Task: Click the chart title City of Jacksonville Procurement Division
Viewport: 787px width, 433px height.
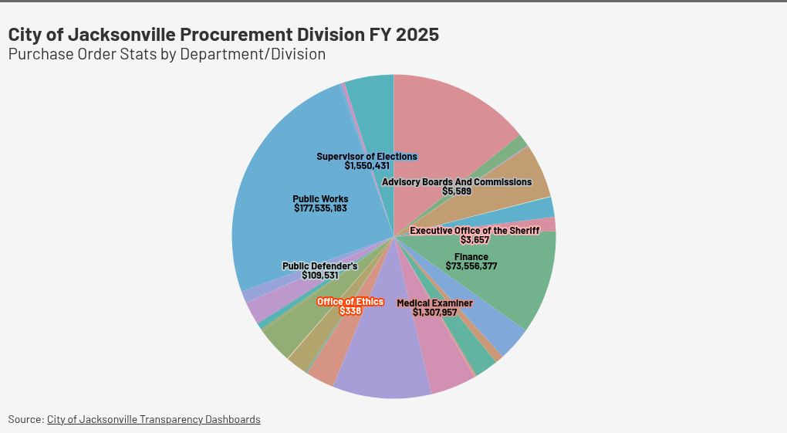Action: pos(223,35)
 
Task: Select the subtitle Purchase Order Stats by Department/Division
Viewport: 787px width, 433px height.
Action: pos(167,55)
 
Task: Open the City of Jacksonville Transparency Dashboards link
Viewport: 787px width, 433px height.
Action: pos(154,419)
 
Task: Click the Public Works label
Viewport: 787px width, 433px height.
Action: pos(320,199)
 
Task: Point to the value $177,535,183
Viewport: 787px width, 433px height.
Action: pos(320,208)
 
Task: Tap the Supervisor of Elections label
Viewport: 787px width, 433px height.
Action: pos(366,157)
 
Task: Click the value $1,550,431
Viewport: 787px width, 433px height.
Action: pos(366,166)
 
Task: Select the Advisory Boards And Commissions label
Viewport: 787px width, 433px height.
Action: pos(457,182)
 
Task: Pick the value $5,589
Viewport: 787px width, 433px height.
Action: pos(457,191)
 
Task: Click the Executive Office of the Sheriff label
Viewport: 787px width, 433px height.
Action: pos(475,231)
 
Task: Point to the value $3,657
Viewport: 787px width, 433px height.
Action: pos(475,240)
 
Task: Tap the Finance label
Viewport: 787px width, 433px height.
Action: pos(471,257)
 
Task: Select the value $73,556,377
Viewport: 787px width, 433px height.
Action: pos(471,266)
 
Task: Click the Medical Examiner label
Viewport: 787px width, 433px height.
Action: pos(434,303)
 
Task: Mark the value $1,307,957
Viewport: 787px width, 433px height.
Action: pos(434,313)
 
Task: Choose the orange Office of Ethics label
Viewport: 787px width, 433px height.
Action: pos(350,302)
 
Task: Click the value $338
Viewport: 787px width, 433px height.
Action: pos(350,311)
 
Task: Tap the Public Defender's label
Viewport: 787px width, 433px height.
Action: pos(319,266)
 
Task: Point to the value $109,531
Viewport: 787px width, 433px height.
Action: pos(319,276)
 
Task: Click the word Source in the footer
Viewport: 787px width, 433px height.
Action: pos(25,419)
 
